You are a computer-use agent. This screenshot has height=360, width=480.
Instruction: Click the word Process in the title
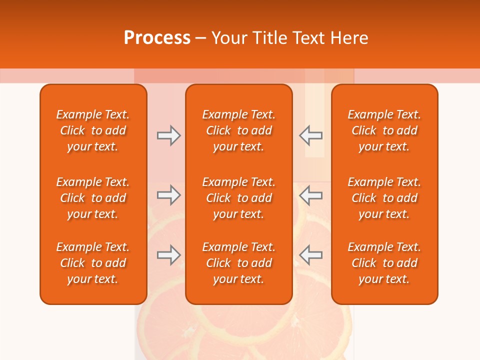pos(157,38)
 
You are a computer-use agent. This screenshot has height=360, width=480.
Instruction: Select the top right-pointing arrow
pos(168,135)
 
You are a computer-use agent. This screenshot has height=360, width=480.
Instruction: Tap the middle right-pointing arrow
pos(168,195)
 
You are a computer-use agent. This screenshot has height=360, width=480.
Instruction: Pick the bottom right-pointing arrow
pos(168,255)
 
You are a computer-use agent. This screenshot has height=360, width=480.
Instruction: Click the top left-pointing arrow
pos(310,135)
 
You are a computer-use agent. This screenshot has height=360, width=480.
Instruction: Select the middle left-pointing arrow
pos(310,195)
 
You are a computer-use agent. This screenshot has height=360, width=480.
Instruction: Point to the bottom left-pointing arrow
pos(310,255)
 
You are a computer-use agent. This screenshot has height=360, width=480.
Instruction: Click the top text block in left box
pos(93,130)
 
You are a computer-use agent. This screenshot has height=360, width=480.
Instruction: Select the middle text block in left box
pos(93,198)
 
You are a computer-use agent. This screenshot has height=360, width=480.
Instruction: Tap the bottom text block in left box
pos(93,263)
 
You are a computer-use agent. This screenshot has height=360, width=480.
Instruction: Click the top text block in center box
pos(239,130)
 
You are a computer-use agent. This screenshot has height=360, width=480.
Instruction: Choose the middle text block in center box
pos(239,198)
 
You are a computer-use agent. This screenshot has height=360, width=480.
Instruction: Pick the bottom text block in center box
pos(239,263)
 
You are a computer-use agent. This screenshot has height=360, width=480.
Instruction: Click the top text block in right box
pos(384,130)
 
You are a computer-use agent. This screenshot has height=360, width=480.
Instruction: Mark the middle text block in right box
pos(384,198)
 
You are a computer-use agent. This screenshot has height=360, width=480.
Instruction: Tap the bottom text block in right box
pos(384,263)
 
